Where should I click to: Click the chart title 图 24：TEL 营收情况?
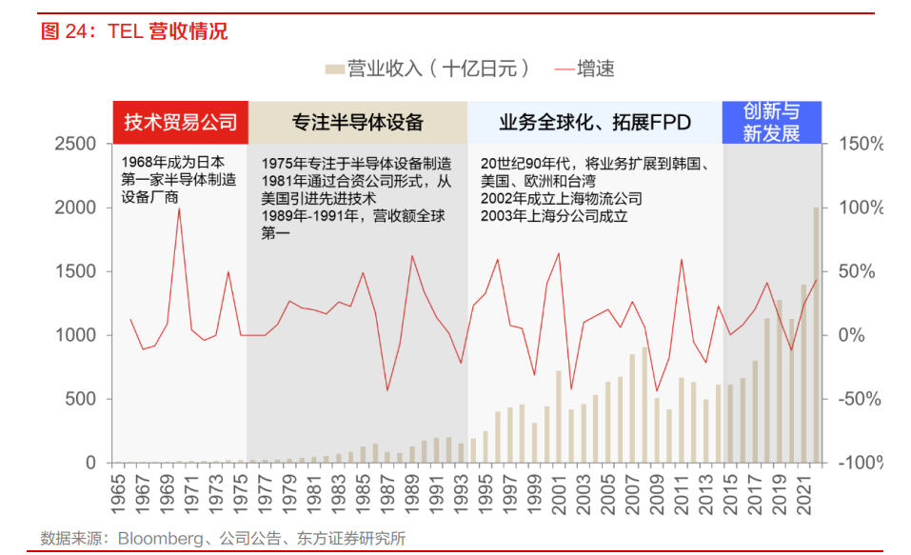click(x=134, y=31)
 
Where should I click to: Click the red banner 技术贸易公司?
click(x=181, y=123)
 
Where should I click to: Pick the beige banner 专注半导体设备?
click(x=357, y=123)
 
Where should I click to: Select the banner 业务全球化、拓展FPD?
click(x=595, y=123)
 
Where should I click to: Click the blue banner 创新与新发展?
click(x=771, y=123)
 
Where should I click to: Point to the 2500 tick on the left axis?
click(x=75, y=144)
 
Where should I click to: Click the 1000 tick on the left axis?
click(x=75, y=335)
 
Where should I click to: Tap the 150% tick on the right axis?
click(x=861, y=144)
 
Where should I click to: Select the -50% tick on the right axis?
click(x=861, y=399)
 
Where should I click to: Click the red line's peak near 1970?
click(x=179, y=208)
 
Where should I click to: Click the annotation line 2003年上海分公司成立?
click(x=554, y=216)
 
